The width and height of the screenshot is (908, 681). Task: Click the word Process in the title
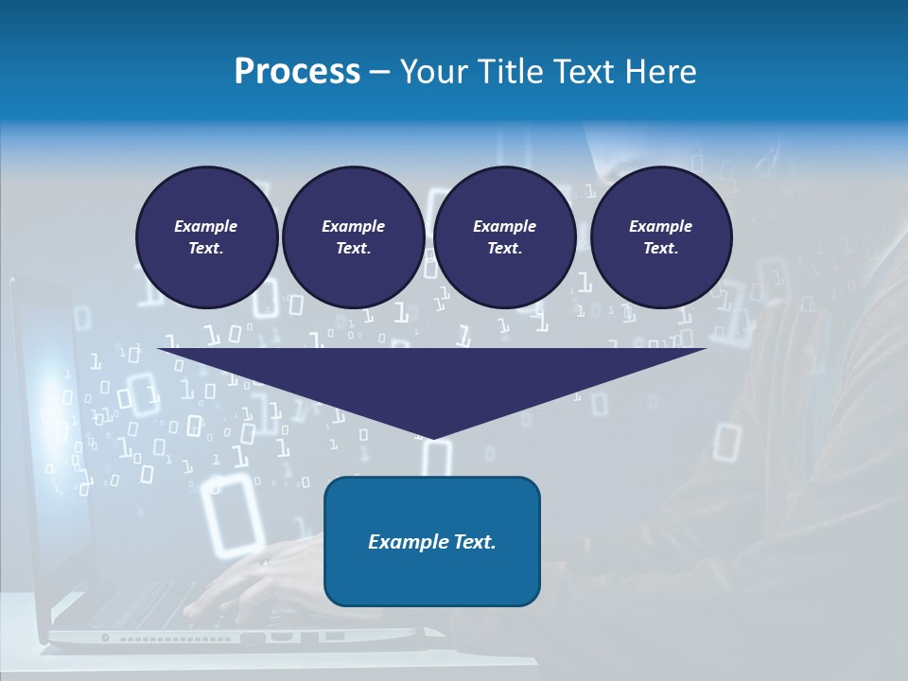[297, 72]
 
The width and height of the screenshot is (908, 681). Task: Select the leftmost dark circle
[207, 237]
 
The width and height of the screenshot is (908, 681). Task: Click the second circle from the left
[354, 237]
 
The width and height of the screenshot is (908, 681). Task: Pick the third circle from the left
[505, 237]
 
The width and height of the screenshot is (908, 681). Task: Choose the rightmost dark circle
[661, 237]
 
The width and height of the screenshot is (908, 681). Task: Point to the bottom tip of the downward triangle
[432, 437]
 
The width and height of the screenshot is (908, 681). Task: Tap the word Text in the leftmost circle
[205, 249]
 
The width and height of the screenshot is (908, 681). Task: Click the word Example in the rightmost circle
[661, 226]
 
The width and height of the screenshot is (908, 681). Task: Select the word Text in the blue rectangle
[472, 542]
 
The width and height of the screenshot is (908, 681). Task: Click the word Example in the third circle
[505, 226]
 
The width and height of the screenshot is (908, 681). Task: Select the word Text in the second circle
[353, 249]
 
